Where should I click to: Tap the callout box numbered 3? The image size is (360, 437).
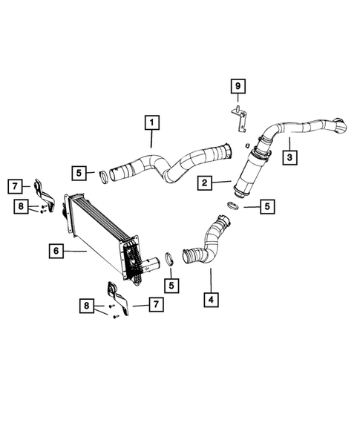tap(289, 157)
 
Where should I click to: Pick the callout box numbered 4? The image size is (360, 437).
tap(212, 300)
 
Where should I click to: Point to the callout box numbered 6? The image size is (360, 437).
tap(56, 252)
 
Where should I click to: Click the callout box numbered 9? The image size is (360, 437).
tap(238, 87)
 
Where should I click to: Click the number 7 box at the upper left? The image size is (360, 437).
tap(14, 185)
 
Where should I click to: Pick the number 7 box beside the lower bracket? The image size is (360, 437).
tap(155, 304)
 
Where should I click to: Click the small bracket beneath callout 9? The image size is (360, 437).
tap(238, 112)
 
